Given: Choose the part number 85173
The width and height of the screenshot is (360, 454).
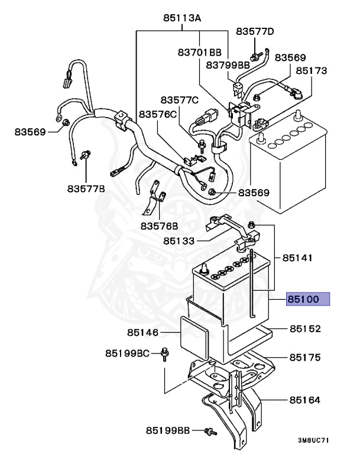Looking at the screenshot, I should [x=312, y=70].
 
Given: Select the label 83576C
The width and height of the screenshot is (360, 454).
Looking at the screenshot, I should [x=158, y=113].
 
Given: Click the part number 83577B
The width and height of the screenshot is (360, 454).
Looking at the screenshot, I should [x=86, y=189].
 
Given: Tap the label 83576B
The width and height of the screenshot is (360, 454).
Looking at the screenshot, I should [x=159, y=226].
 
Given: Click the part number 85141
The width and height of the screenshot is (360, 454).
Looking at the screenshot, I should [x=297, y=258].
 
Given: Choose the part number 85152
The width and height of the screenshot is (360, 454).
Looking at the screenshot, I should [x=304, y=329].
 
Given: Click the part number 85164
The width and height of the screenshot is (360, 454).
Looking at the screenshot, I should [x=304, y=400].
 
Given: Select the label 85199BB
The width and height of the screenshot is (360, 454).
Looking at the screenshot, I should [x=168, y=430].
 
